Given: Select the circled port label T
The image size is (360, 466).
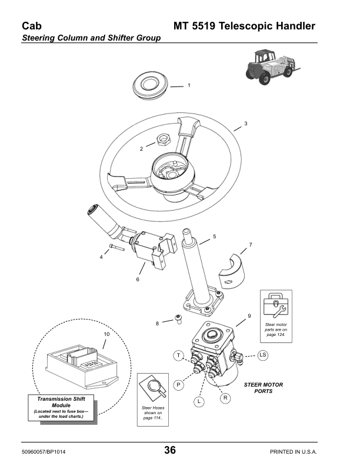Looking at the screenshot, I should click(x=178, y=355).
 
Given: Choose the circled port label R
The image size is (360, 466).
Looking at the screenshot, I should click(x=226, y=398).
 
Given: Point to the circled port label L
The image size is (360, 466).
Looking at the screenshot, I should click(x=199, y=401).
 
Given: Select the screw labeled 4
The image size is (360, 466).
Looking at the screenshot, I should click(x=116, y=248).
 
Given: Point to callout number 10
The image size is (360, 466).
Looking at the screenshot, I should click(x=106, y=334).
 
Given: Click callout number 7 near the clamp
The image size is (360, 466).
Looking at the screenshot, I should click(x=250, y=244).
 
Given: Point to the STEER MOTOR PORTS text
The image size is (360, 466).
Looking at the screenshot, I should click(x=263, y=388).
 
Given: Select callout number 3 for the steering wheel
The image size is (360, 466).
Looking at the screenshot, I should click(x=246, y=124).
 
